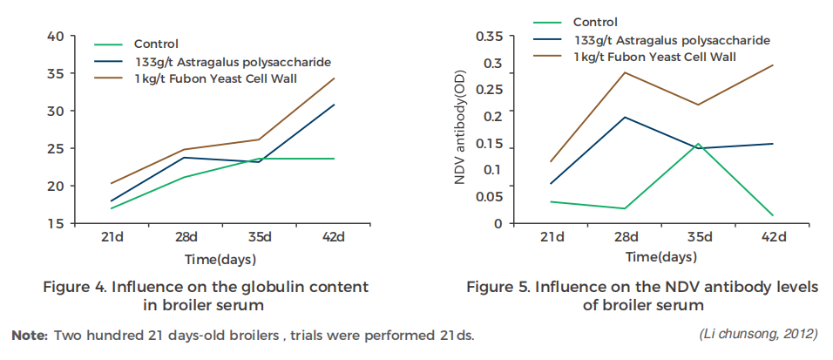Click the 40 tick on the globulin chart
pyautogui.click(x=55, y=36)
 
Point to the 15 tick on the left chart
pyautogui.click(x=55, y=223)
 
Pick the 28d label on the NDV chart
pyautogui.click(x=625, y=237)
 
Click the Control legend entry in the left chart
pyautogui.click(x=156, y=44)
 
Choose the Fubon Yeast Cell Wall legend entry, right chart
pyautogui.click(x=655, y=57)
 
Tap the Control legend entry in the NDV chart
pyautogui.click(x=595, y=22)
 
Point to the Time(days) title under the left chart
pyautogui.click(x=220, y=259)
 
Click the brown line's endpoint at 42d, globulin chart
pyautogui.click(x=335, y=78)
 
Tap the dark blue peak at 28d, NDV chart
pyautogui.click(x=625, y=117)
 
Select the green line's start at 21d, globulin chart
pyautogui.click(x=112, y=208)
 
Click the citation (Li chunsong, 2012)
pyautogui.click(x=758, y=335)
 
